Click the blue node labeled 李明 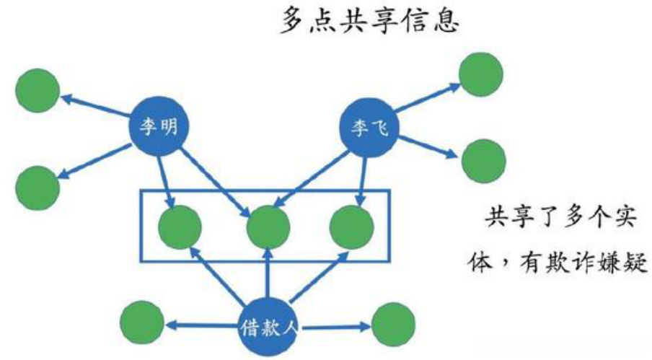click(154, 126)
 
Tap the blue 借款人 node click(268, 328)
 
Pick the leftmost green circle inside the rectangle click(180, 227)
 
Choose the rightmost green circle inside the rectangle click(351, 227)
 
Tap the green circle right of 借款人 click(393, 325)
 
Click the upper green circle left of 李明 click(37, 91)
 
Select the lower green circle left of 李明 click(37, 187)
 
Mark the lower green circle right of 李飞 click(483, 160)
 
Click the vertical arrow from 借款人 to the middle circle click(268, 278)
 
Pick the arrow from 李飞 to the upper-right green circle click(426, 99)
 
